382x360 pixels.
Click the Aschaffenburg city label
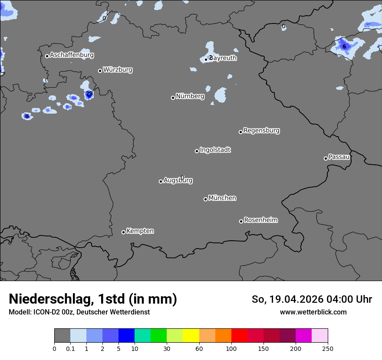(72, 55)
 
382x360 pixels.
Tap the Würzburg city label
(118, 69)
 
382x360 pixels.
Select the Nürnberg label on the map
(190, 96)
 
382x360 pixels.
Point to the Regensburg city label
(261, 131)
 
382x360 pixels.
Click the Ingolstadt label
(215, 150)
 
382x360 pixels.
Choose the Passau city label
(339, 157)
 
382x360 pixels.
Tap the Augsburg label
(178, 180)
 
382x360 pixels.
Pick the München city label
(222, 198)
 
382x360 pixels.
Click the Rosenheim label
(260, 220)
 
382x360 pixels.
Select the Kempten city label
(140, 231)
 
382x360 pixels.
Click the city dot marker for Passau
(326, 158)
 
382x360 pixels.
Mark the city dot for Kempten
(123, 232)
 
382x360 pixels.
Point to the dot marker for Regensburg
(240, 132)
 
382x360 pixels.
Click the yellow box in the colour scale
(191, 336)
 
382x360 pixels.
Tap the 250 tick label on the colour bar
(328, 348)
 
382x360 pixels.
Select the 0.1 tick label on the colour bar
(70, 348)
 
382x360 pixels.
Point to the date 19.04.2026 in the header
(295, 299)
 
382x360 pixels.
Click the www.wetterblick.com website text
(313, 312)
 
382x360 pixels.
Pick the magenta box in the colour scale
(303, 336)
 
